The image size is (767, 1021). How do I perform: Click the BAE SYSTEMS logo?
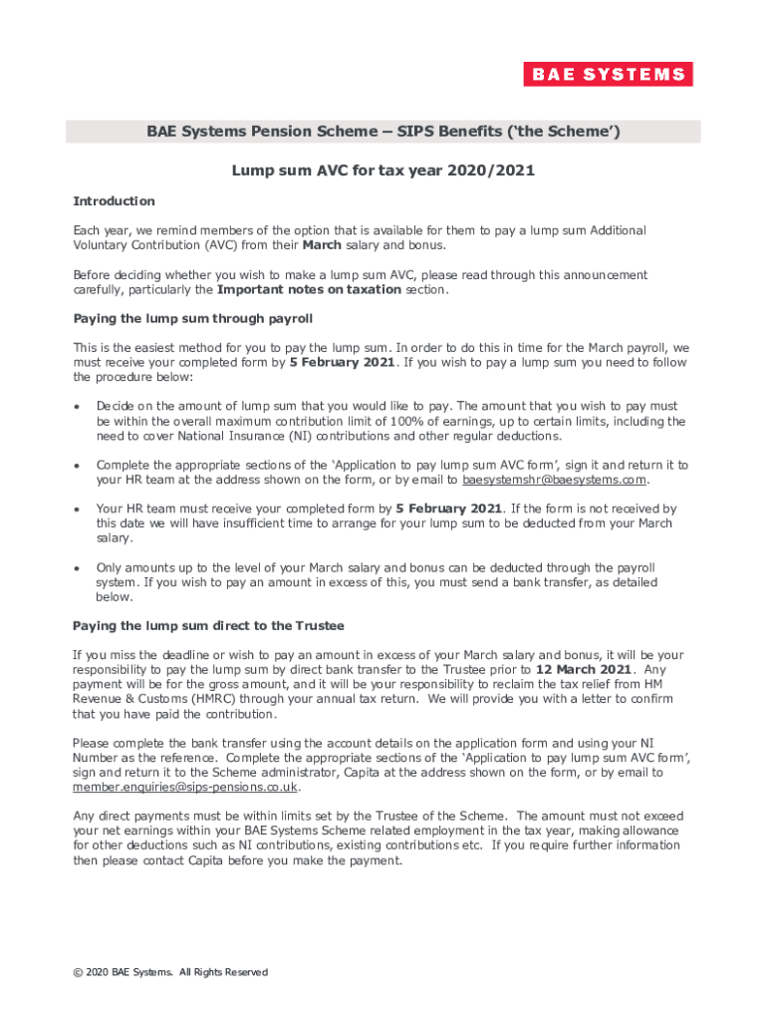click(x=608, y=75)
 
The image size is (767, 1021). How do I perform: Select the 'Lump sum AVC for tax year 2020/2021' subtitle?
click(x=383, y=170)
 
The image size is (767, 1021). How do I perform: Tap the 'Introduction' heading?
click(x=114, y=201)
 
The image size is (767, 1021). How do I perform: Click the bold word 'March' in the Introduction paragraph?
click(x=322, y=245)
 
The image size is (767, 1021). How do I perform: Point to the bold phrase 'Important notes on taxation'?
click(x=309, y=290)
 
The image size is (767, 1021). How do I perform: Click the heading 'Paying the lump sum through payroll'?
click(x=193, y=319)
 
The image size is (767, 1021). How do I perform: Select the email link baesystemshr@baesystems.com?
click(x=556, y=480)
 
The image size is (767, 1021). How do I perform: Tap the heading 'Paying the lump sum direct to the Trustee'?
click(x=208, y=625)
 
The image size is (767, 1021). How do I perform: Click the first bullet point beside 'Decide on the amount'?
click(x=78, y=407)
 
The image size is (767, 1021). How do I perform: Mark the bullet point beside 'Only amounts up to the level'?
click(x=78, y=567)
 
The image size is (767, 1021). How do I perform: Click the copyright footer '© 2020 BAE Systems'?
click(x=170, y=972)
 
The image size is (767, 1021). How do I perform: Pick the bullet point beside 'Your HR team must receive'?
click(x=78, y=509)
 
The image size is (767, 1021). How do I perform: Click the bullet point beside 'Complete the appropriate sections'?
click(x=78, y=466)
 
